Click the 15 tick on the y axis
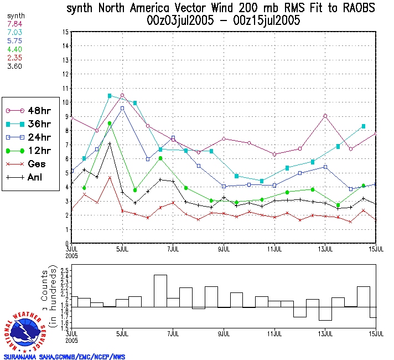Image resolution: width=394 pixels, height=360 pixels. click(66, 32)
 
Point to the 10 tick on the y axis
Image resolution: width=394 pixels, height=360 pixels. click(66, 102)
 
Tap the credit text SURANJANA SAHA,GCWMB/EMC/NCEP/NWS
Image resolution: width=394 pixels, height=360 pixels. click(64, 357)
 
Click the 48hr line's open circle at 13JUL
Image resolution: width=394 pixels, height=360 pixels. click(325, 116)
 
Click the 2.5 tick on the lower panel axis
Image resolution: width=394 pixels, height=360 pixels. click(65, 269)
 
